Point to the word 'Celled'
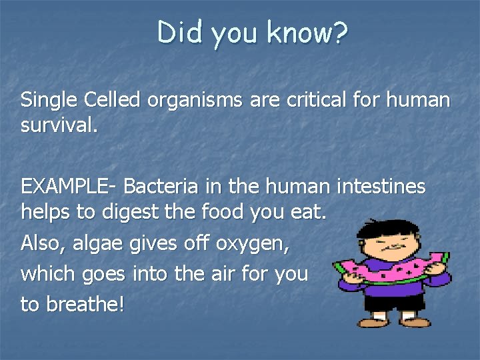point(113,101)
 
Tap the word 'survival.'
point(59,125)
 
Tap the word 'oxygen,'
point(252,245)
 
